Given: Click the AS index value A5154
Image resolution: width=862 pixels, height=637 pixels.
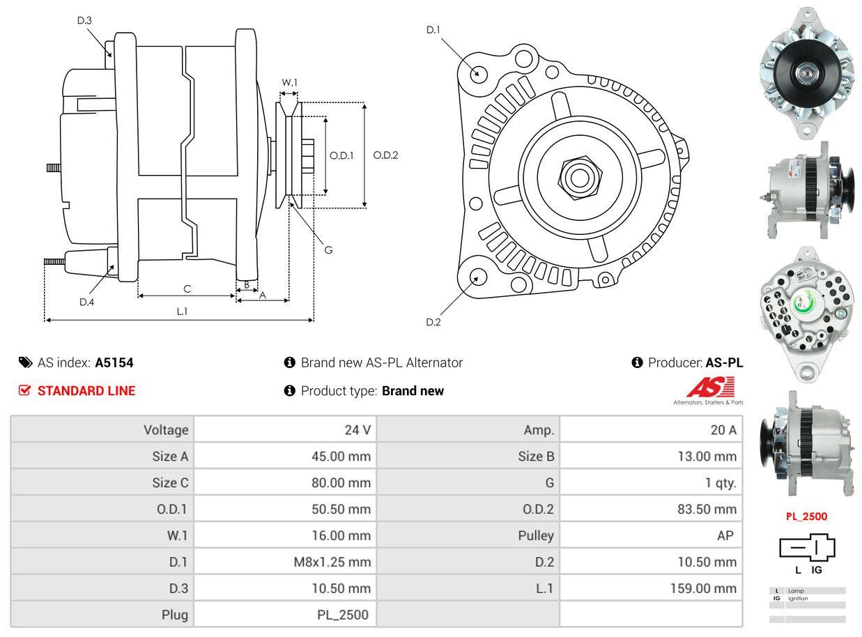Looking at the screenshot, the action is (114, 362).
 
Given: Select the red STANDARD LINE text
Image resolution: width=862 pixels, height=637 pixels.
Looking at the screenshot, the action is (86, 390).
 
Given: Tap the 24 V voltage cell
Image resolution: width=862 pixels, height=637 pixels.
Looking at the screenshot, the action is (357, 430).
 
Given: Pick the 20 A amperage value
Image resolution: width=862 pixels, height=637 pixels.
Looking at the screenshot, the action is (723, 430).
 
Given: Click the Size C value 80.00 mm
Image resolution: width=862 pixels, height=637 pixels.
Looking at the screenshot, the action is (341, 483).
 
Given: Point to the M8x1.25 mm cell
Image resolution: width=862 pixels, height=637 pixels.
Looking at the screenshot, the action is (332, 562).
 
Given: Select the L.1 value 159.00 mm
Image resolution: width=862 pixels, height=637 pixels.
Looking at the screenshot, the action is (703, 588).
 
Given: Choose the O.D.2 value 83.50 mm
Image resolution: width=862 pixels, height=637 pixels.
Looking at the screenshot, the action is (707, 509).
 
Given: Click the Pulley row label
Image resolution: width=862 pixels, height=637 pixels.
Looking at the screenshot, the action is (536, 535).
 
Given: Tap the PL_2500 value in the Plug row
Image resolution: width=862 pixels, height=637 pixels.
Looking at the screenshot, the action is (342, 615).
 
